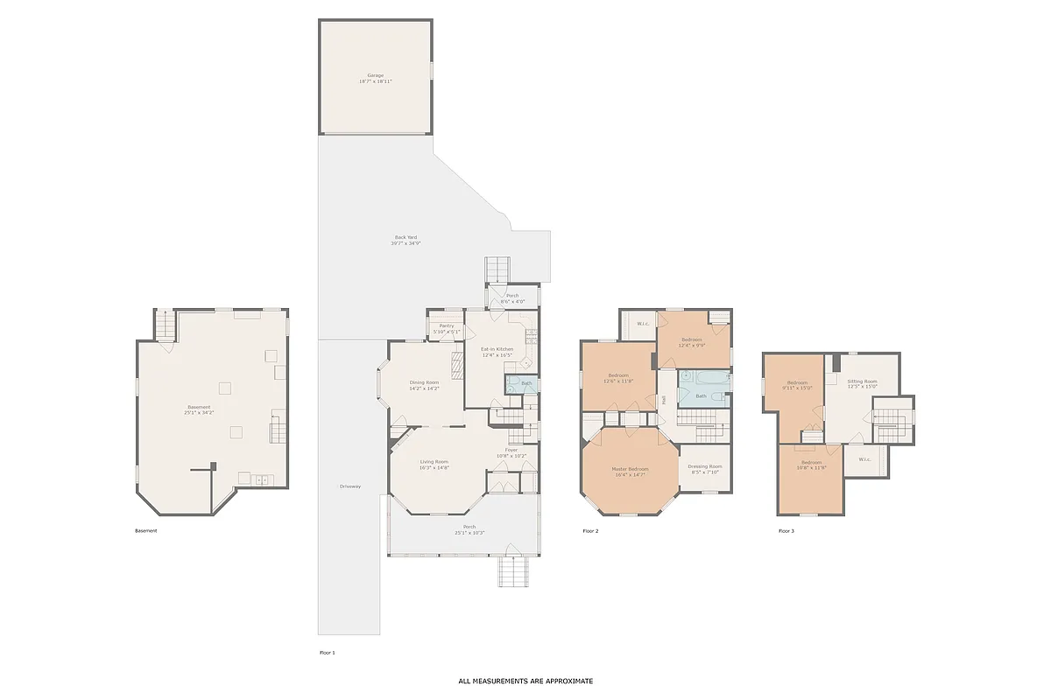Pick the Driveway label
click(x=350, y=486)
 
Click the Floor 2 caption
click(x=590, y=531)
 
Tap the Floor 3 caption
click(x=786, y=531)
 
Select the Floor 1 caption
click(x=327, y=653)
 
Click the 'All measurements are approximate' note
click(x=525, y=681)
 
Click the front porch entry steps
click(x=511, y=572)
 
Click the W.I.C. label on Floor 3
click(x=864, y=459)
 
